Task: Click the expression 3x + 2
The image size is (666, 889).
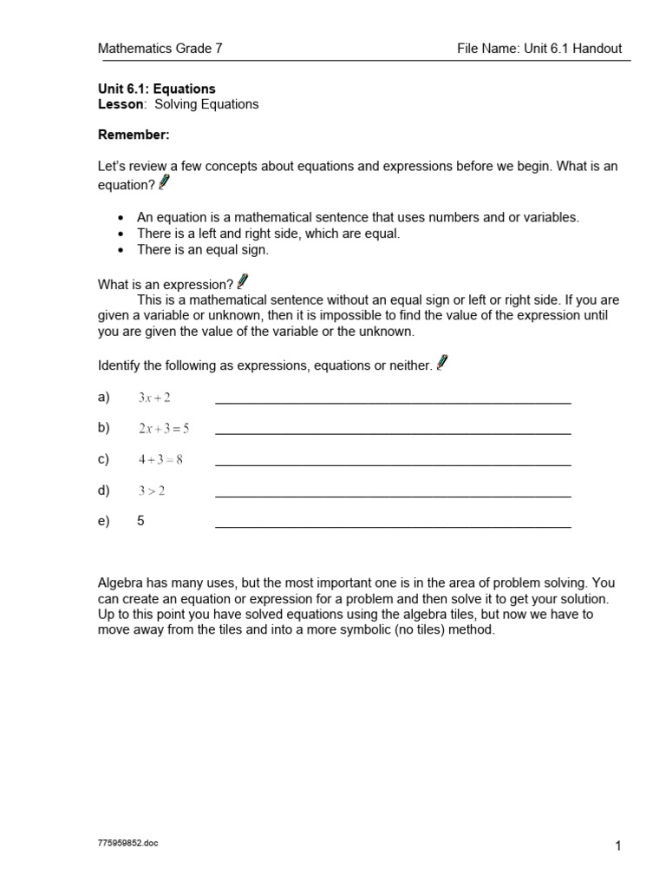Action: pyautogui.click(x=154, y=398)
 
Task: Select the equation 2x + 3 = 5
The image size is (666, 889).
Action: pyautogui.click(x=163, y=428)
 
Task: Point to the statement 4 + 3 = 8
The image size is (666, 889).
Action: pyautogui.click(x=160, y=459)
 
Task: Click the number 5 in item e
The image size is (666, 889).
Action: pyautogui.click(x=140, y=522)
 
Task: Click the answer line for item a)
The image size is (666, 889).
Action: pyautogui.click(x=393, y=402)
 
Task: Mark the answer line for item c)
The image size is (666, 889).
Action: pyautogui.click(x=393, y=464)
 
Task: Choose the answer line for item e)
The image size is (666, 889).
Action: pyautogui.click(x=393, y=526)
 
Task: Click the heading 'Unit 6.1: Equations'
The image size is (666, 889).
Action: pyautogui.click(x=156, y=89)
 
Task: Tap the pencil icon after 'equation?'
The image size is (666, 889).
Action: pyautogui.click(x=165, y=182)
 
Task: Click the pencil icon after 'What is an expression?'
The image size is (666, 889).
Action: pyautogui.click(x=242, y=281)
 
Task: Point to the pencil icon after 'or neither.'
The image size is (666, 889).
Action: pyautogui.click(x=442, y=363)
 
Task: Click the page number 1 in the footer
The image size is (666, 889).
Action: pyautogui.click(x=618, y=847)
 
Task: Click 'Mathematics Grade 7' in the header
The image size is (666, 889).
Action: pyautogui.click(x=160, y=49)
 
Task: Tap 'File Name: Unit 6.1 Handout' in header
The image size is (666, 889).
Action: pyautogui.click(x=539, y=49)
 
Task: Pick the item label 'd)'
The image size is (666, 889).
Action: pyautogui.click(x=104, y=491)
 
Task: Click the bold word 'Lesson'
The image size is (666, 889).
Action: pyautogui.click(x=120, y=104)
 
